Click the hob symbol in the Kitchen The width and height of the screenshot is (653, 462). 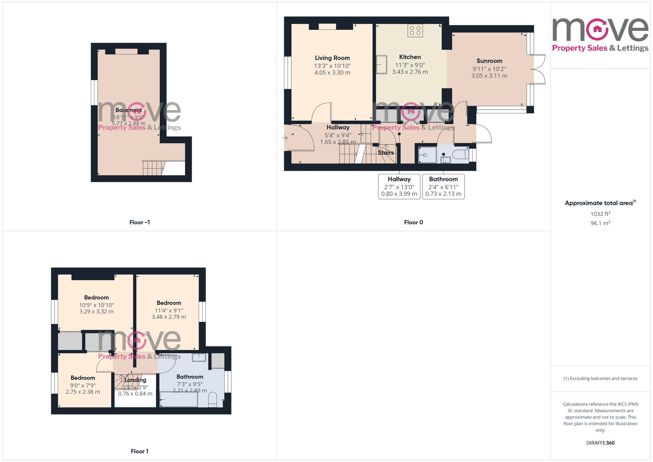415,31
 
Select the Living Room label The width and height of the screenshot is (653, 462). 332,58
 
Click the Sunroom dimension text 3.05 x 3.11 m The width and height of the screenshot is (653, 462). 489,76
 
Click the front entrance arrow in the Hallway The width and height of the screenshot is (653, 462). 285,138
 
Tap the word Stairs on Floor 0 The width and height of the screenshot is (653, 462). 386,152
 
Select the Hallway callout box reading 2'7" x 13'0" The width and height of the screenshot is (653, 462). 399,186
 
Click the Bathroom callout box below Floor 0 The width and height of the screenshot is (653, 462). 443,186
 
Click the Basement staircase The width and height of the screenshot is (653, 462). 153,168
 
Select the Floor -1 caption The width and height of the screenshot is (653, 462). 139,222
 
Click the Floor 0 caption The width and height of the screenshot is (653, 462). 413,222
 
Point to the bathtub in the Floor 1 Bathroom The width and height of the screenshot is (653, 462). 179,399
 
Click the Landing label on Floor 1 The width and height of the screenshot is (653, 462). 135,380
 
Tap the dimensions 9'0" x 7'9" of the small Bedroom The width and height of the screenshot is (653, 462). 83,385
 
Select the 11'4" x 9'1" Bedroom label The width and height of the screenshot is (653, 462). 168,303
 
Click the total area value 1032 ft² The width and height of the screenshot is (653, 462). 600,214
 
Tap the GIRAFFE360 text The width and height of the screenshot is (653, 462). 600,443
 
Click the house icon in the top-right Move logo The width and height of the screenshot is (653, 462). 597,29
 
